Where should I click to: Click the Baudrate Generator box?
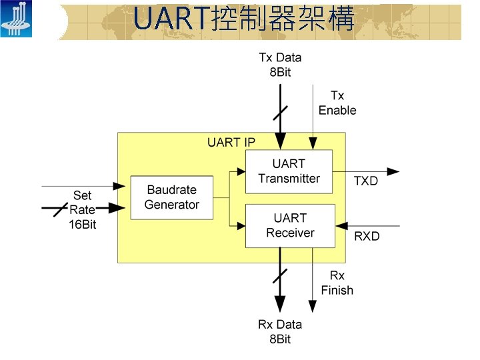[x=171, y=197]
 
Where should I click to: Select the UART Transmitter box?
[x=289, y=171]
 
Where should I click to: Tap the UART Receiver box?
[x=289, y=225]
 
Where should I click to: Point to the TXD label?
[x=365, y=181]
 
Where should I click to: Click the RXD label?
[x=366, y=236]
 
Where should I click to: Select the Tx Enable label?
[x=337, y=103]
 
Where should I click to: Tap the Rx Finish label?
[x=337, y=283]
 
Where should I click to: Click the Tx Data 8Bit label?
[x=280, y=65]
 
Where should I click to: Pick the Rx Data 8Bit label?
[x=280, y=331]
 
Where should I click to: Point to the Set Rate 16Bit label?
[x=82, y=210]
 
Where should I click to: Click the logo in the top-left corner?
[x=15, y=19]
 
